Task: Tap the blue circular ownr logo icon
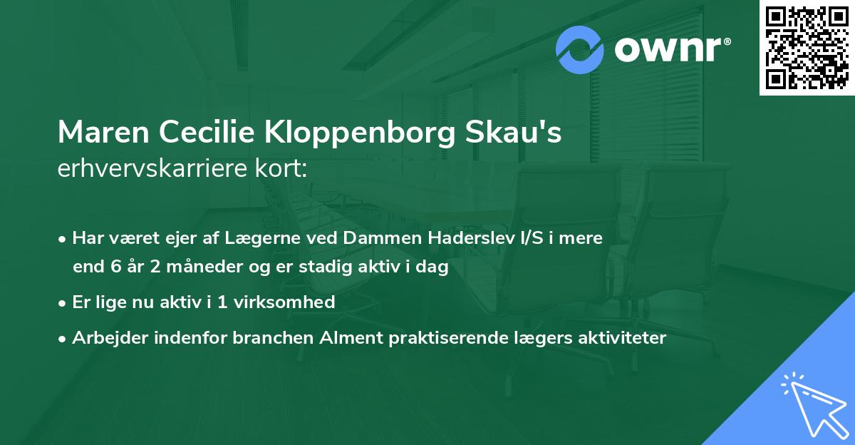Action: coord(580,49)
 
